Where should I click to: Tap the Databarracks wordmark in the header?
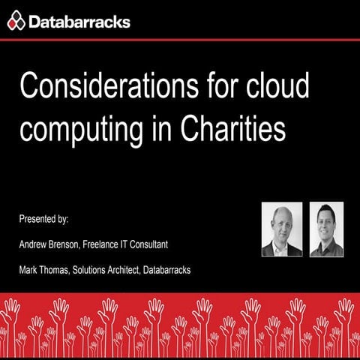79,22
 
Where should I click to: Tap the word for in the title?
217,88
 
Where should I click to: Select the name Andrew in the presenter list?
34,244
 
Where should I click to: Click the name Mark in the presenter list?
28,269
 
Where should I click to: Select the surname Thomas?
55,269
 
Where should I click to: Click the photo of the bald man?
281,229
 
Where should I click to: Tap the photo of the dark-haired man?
326,229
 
